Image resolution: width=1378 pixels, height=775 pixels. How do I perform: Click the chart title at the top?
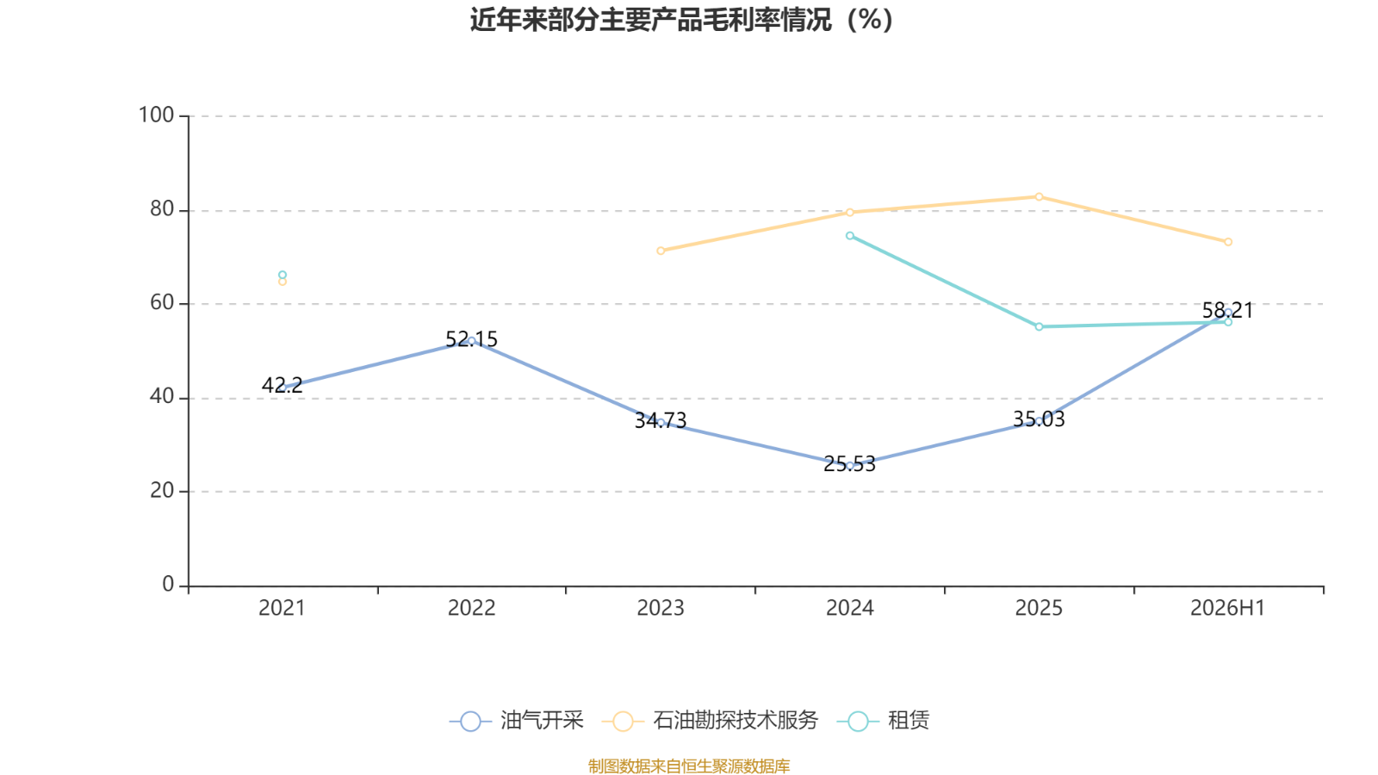pyautogui.click(x=681, y=20)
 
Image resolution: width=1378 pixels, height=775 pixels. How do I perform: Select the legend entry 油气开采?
pyautogui.click(x=517, y=720)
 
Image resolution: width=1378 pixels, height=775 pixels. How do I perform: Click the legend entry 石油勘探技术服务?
pyautogui.click(x=710, y=720)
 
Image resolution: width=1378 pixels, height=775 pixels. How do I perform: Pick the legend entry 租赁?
pyautogui.click(x=884, y=720)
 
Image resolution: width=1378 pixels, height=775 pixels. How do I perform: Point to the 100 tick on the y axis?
pyautogui.click(x=156, y=115)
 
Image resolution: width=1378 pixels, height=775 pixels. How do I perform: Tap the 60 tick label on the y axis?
pyautogui.click(x=162, y=302)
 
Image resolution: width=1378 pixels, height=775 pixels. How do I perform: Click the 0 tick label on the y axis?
pyautogui.click(x=168, y=585)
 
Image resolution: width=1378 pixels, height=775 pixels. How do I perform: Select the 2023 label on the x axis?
pyautogui.click(x=661, y=608)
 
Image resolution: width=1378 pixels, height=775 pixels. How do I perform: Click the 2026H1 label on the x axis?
pyautogui.click(x=1228, y=608)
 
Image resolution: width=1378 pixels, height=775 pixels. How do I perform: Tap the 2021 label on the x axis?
pyautogui.click(x=282, y=608)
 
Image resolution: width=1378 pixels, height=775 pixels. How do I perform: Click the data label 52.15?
pyautogui.click(x=471, y=339)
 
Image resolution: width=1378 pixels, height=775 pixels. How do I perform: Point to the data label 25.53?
pyautogui.click(x=849, y=464)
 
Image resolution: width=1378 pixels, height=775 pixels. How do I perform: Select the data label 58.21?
pyautogui.click(x=1228, y=311)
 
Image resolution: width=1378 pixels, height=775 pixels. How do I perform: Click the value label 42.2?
pyautogui.click(x=282, y=386)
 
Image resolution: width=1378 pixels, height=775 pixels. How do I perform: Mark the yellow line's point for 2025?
pyautogui.click(x=1039, y=197)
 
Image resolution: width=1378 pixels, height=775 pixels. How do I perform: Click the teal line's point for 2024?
pyautogui.click(x=849, y=236)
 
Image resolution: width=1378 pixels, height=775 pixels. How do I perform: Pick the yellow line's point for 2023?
pyautogui.click(x=661, y=251)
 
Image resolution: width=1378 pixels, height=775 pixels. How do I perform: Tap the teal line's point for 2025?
pyautogui.click(x=1039, y=326)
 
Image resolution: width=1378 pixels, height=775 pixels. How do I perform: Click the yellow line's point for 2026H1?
pyautogui.click(x=1228, y=242)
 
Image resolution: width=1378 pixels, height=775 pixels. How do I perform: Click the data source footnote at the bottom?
pyautogui.click(x=689, y=766)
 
